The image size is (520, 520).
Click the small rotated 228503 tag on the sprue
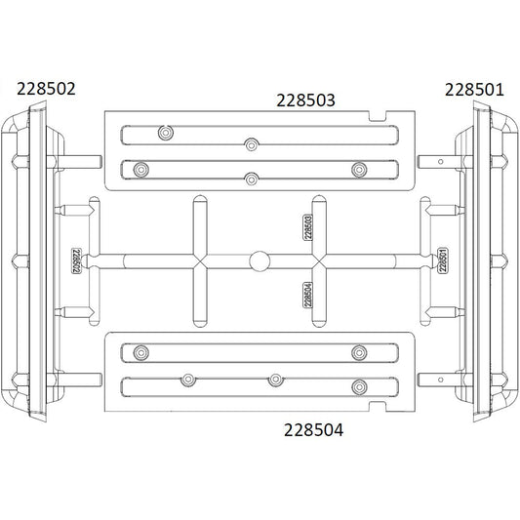308,226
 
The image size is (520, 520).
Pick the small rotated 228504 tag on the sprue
308,294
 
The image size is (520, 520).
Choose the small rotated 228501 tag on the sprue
444,261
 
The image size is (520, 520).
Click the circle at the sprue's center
260,260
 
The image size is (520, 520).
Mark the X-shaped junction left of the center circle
198,260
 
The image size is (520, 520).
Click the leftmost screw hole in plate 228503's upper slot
164,131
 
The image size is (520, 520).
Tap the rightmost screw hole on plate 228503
358,169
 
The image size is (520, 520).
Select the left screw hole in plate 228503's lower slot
142,169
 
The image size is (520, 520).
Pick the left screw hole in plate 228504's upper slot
142,349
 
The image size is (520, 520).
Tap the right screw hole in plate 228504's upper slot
358,349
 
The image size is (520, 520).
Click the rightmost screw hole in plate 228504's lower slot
358,385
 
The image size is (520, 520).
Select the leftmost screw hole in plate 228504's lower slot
184,378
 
